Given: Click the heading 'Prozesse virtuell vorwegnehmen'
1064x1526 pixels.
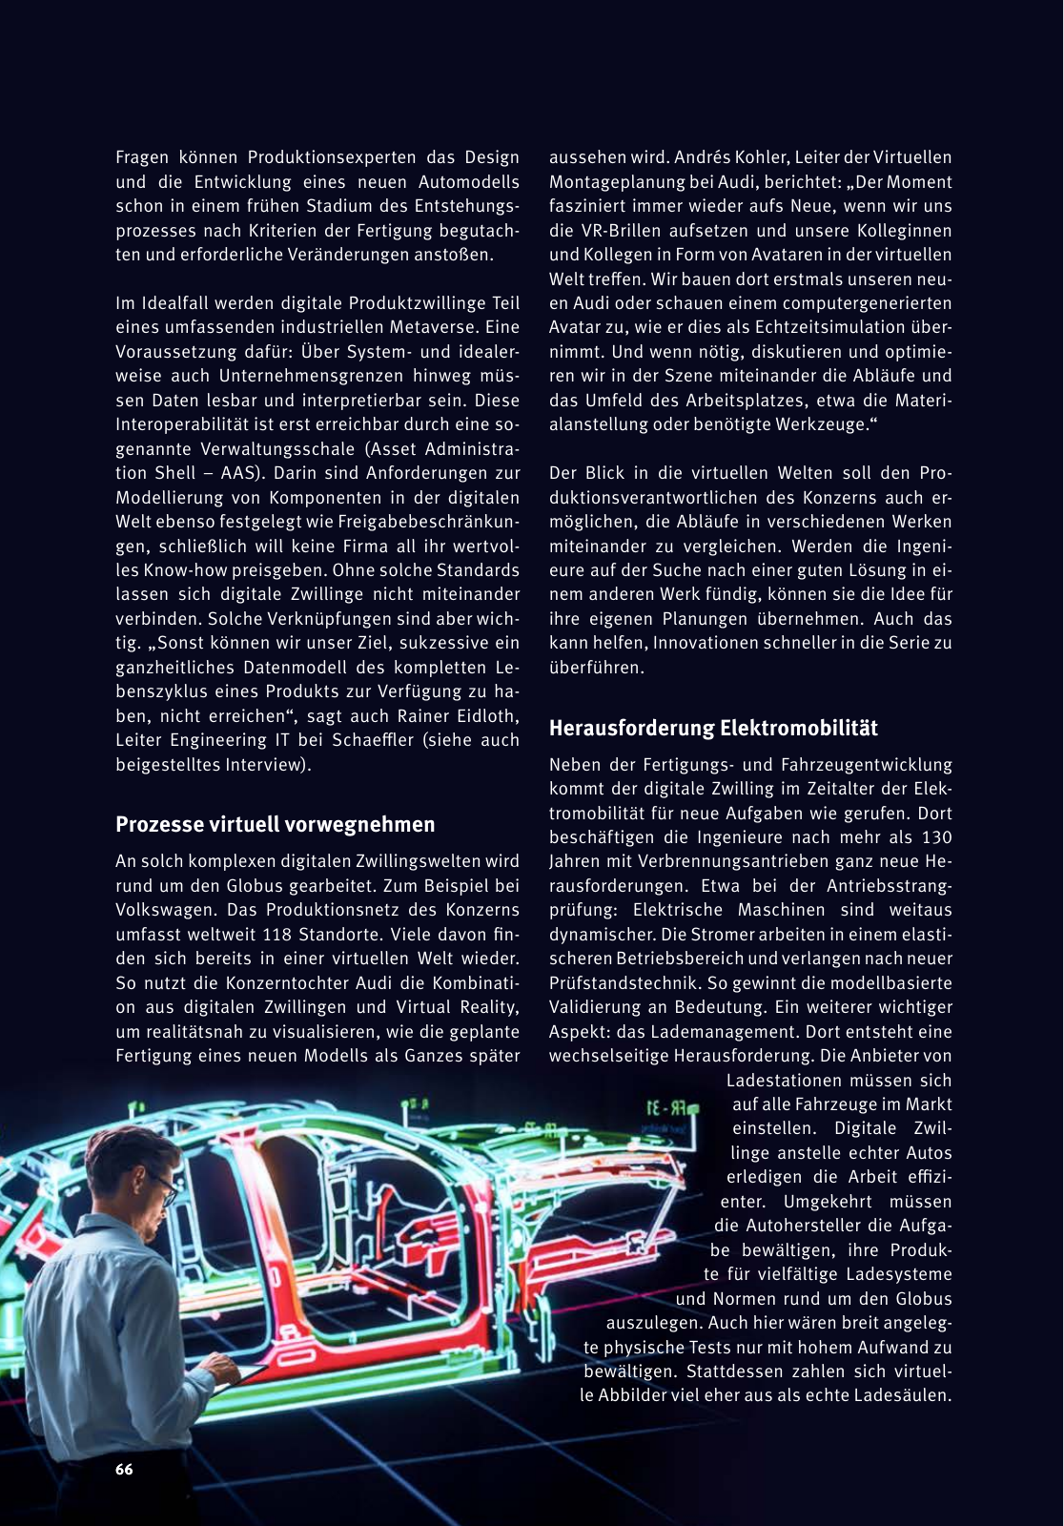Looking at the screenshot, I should pyautogui.click(x=275, y=825).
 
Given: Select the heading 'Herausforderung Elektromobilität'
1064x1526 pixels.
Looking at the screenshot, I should pyautogui.click(x=713, y=729).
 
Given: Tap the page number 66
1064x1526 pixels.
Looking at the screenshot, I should pyautogui.click(x=124, y=1470).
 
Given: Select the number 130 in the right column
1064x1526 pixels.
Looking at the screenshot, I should pyautogui.click(x=936, y=837).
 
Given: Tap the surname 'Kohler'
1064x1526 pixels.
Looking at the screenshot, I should pyautogui.click(x=739, y=157).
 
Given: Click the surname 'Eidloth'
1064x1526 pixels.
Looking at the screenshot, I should pyautogui.click(x=484, y=716).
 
